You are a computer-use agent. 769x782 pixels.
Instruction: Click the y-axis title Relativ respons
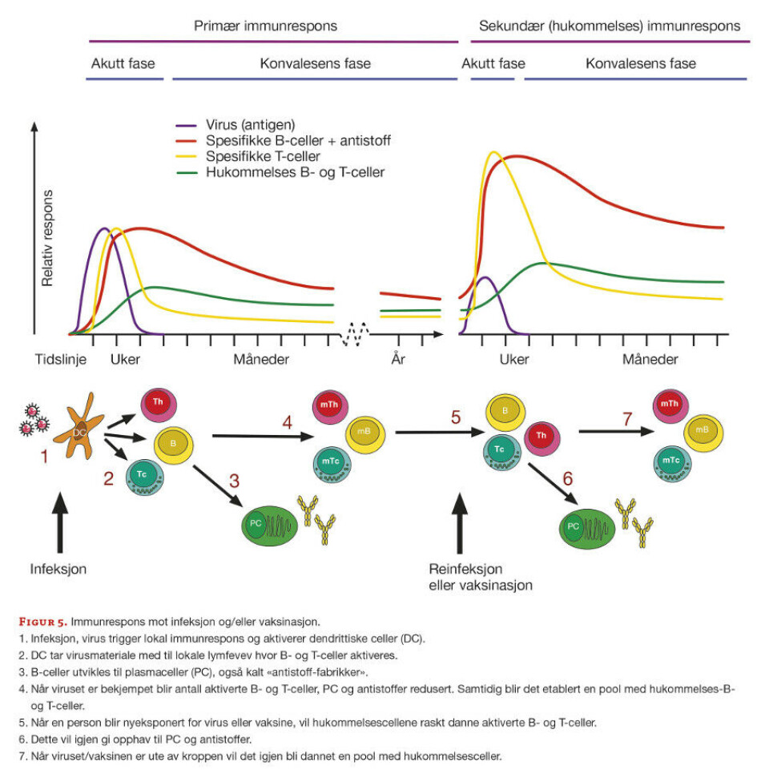click(x=47, y=238)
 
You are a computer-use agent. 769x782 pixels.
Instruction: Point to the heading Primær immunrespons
click(x=265, y=26)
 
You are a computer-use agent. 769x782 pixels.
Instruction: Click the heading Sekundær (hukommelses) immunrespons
click(x=610, y=26)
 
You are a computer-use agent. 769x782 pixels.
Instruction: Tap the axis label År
click(x=398, y=358)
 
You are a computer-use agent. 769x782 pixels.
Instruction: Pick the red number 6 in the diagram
click(x=567, y=478)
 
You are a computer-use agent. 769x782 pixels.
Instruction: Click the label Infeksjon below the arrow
click(x=58, y=569)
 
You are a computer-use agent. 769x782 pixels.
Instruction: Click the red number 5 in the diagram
click(x=456, y=417)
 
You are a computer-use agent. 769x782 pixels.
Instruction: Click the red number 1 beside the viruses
click(x=44, y=458)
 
